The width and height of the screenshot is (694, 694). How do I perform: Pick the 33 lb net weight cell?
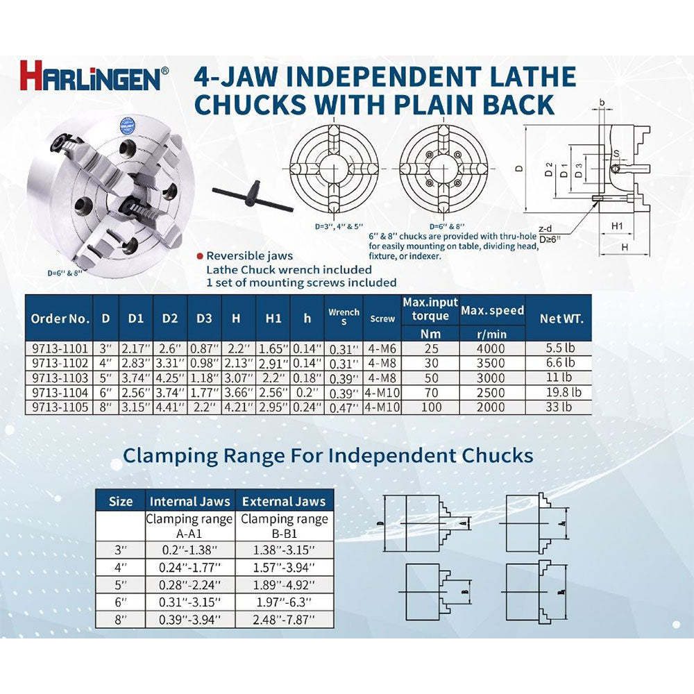(561, 407)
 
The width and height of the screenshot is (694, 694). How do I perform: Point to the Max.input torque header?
(430, 309)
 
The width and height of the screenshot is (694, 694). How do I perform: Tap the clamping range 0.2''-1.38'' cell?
(189, 548)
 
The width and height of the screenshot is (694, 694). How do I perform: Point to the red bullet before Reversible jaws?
(199, 256)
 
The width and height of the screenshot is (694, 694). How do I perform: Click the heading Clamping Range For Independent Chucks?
(328, 455)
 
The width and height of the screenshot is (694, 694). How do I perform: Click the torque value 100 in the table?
(430, 407)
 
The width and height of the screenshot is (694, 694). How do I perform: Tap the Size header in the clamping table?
(121, 501)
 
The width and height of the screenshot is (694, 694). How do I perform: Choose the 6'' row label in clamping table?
(121, 600)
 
